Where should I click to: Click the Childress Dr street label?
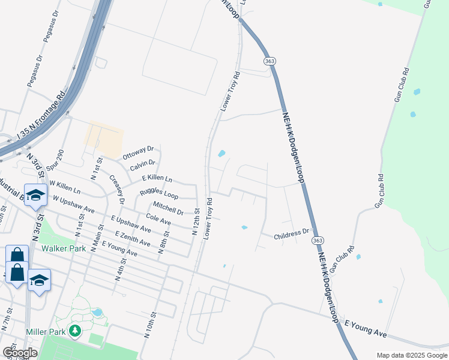pos(291,233)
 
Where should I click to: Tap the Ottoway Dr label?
pos(139,152)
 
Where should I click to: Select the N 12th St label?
pos(196,221)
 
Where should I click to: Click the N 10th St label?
pos(150,325)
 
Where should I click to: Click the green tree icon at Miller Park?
pos(75,331)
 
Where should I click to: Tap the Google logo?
pos(20,353)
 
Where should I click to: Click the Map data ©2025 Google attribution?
pos(412,355)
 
